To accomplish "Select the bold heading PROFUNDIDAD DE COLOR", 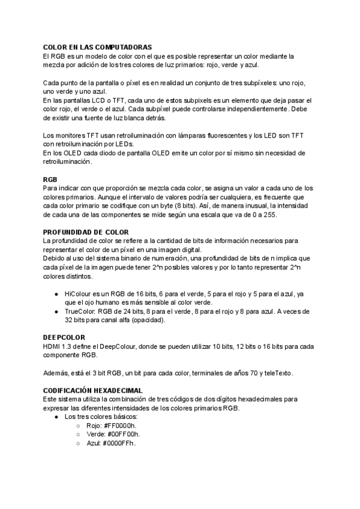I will [86, 231].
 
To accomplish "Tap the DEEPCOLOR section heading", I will [64, 338].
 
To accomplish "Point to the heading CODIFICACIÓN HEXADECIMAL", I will [92, 390].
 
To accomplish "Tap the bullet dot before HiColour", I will [55, 294].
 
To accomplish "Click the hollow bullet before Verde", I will [78, 435].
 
